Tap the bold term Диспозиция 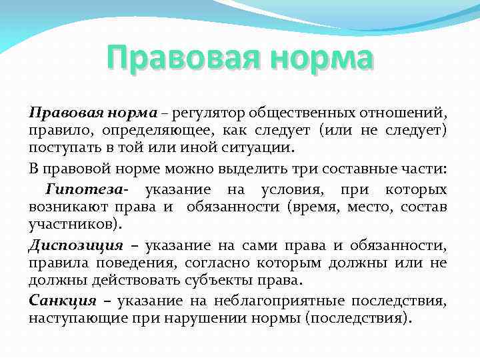76,245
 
